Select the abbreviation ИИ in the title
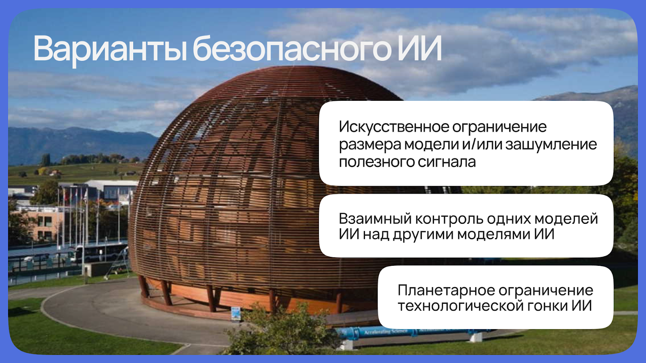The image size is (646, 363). click(x=419, y=48)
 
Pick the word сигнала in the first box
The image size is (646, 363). click(x=447, y=162)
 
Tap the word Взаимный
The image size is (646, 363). click(x=375, y=219)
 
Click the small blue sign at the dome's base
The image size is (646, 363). click(x=236, y=313)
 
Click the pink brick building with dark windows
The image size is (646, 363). click(x=38, y=225)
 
